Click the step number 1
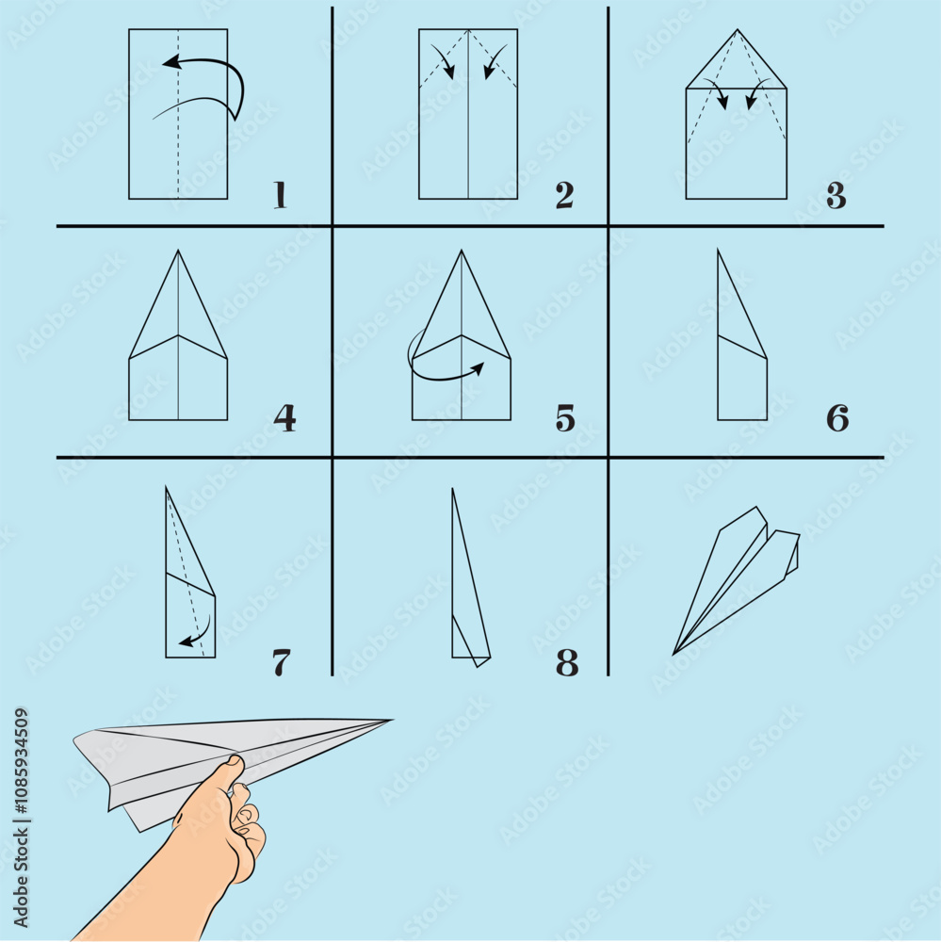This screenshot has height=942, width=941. (x=280, y=195)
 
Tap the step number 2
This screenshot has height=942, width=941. (x=564, y=195)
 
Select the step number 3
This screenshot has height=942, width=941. (x=836, y=195)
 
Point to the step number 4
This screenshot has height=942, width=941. (x=284, y=417)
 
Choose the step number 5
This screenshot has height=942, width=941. (x=565, y=417)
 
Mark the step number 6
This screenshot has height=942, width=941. (x=837, y=417)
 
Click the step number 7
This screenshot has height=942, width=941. (x=282, y=662)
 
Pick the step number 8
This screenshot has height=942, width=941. (x=567, y=662)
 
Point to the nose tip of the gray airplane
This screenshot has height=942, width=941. (x=387, y=722)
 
